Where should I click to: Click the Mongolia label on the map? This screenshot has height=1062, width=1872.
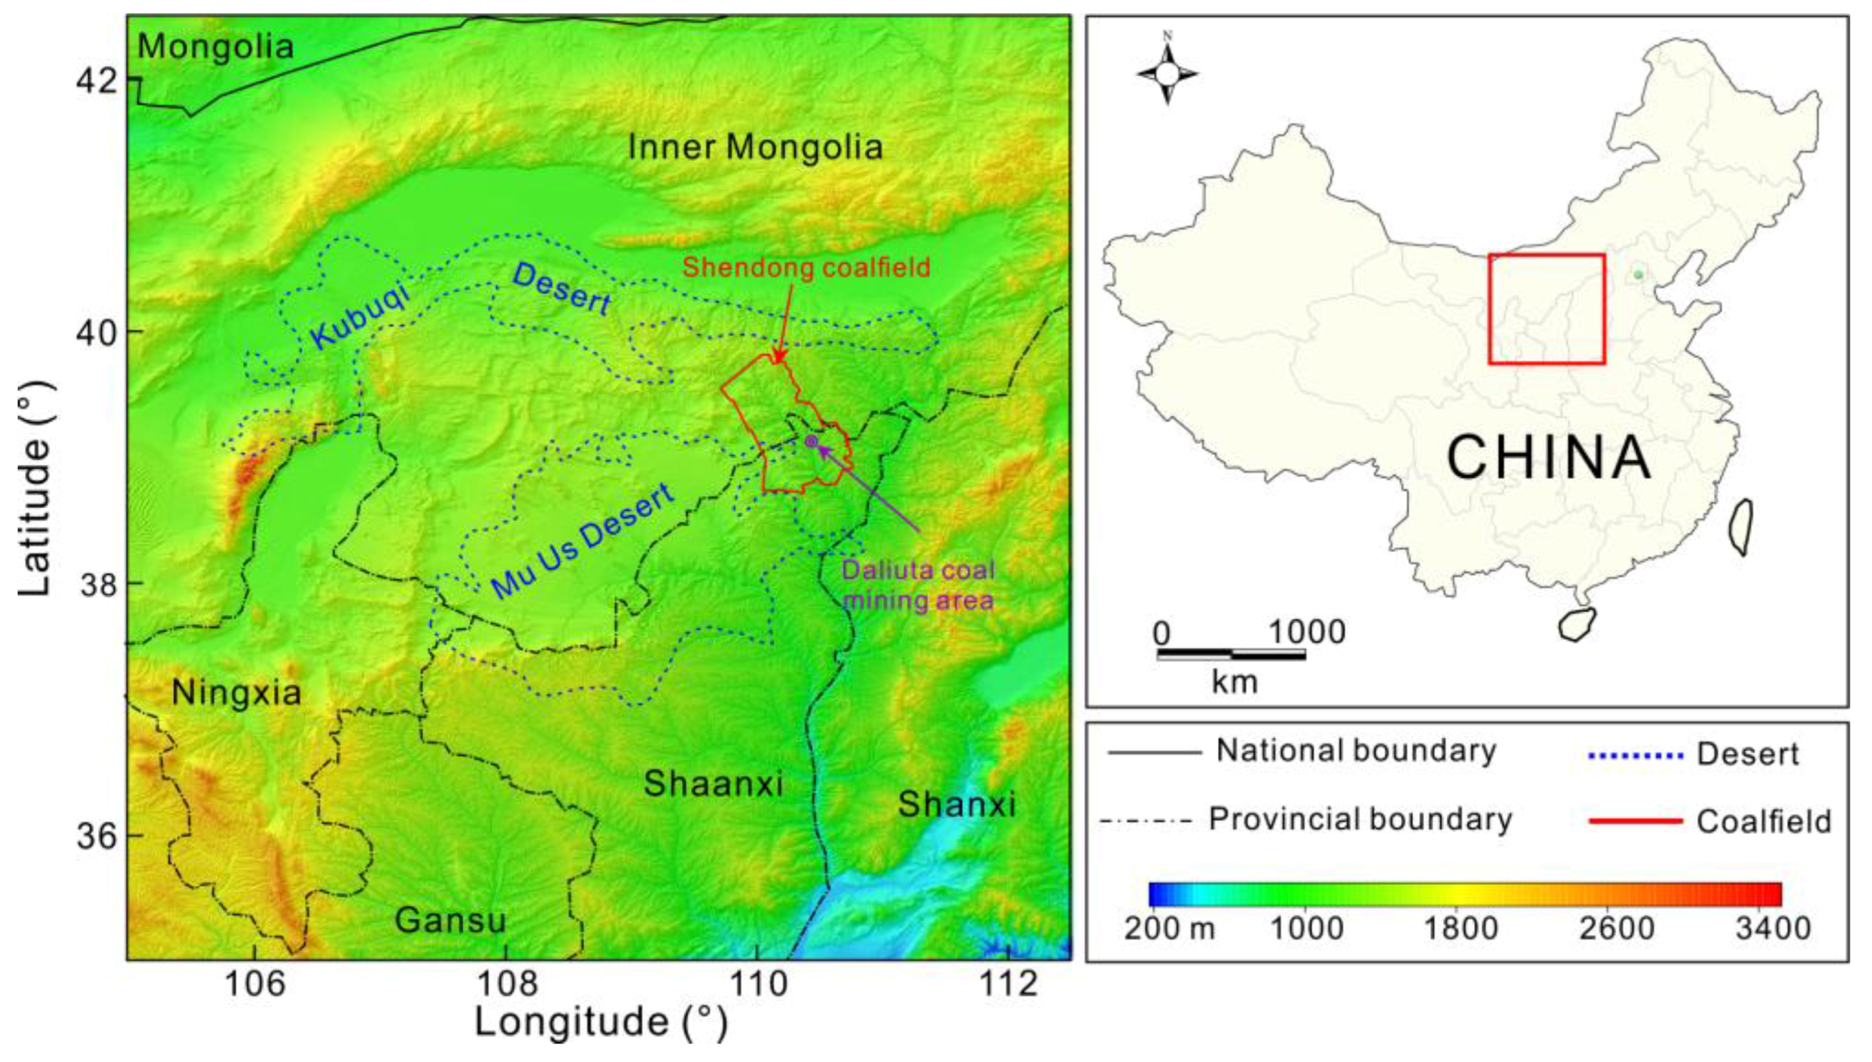click(215, 47)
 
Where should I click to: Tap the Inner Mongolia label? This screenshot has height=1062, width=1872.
click(755, 148)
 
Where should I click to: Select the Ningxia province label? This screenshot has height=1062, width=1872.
click(236, 693)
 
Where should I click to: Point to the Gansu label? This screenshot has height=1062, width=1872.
click(450, 921)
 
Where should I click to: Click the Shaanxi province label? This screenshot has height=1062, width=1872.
click(713, 784)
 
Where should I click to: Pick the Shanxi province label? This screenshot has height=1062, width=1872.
click(956, 805)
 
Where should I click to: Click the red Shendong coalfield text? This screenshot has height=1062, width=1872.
click(806, 268)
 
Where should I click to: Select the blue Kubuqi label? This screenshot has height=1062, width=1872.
click(359, 315)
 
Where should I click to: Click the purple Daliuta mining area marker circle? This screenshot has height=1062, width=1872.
click(810, 441)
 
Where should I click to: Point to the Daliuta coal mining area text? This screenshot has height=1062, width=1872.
click(918, 585)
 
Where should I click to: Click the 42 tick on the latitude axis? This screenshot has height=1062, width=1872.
click(97, 80)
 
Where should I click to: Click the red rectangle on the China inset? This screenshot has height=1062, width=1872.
click(1546, 309)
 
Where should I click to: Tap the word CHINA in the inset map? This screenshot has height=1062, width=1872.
click(1549, 458)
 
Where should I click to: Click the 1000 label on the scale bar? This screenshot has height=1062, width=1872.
click(1306, 632)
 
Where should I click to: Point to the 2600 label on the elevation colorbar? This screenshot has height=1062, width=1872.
click(1617, 929)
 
